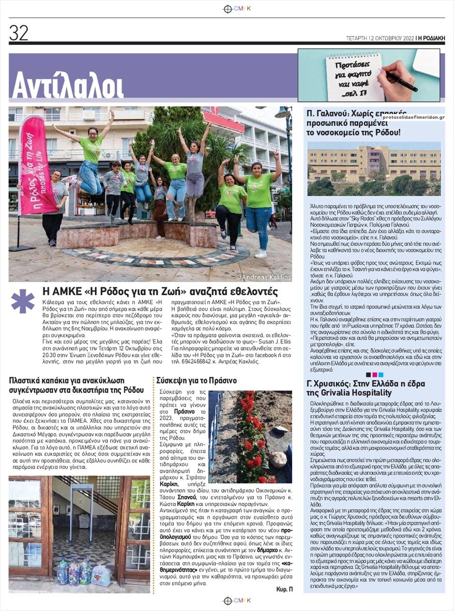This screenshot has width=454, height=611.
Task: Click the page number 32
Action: (19, 33)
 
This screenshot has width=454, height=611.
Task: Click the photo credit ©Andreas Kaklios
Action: (264, 277)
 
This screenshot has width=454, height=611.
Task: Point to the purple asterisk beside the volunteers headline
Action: (23, 301)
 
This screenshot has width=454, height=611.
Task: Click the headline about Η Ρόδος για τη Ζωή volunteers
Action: (161, 291)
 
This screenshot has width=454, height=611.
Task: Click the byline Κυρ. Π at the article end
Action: (284, 589)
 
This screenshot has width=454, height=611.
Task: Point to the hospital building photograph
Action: (374, 169)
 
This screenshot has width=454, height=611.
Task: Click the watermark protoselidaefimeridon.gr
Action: (413, 117)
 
